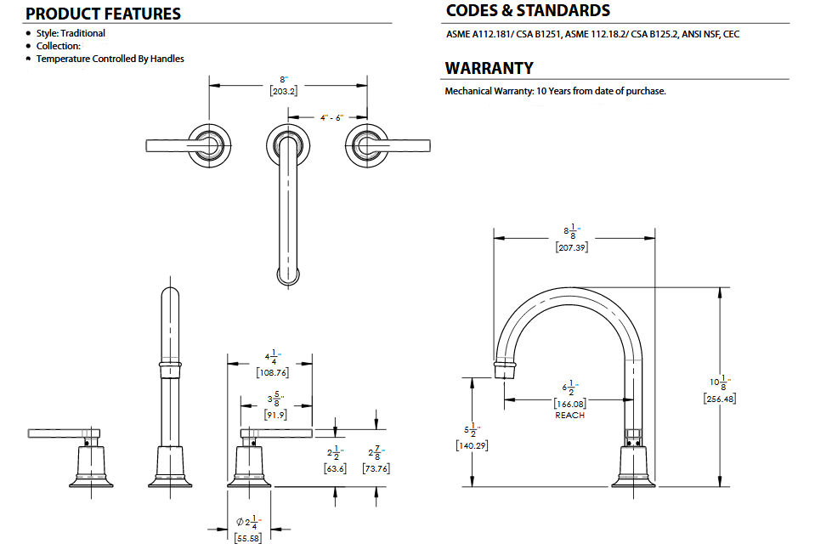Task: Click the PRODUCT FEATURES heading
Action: click(103, 14)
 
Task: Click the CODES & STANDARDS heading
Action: click(528, 11)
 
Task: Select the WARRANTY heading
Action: click(489, 68)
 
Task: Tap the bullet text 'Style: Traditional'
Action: click(71, 33)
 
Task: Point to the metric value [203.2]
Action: click(284, 91)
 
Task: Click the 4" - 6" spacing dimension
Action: click(331, 117)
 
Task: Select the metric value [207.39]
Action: click(572, 246)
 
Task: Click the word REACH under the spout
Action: click(570, 415)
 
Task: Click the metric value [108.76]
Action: click(272, 371)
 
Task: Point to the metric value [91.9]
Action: click(274, 416)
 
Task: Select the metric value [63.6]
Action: click(334, 468)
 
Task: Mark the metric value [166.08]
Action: click(570, 403)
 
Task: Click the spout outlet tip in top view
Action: click(289, 275)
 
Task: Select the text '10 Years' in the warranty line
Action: click(554, 91)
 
